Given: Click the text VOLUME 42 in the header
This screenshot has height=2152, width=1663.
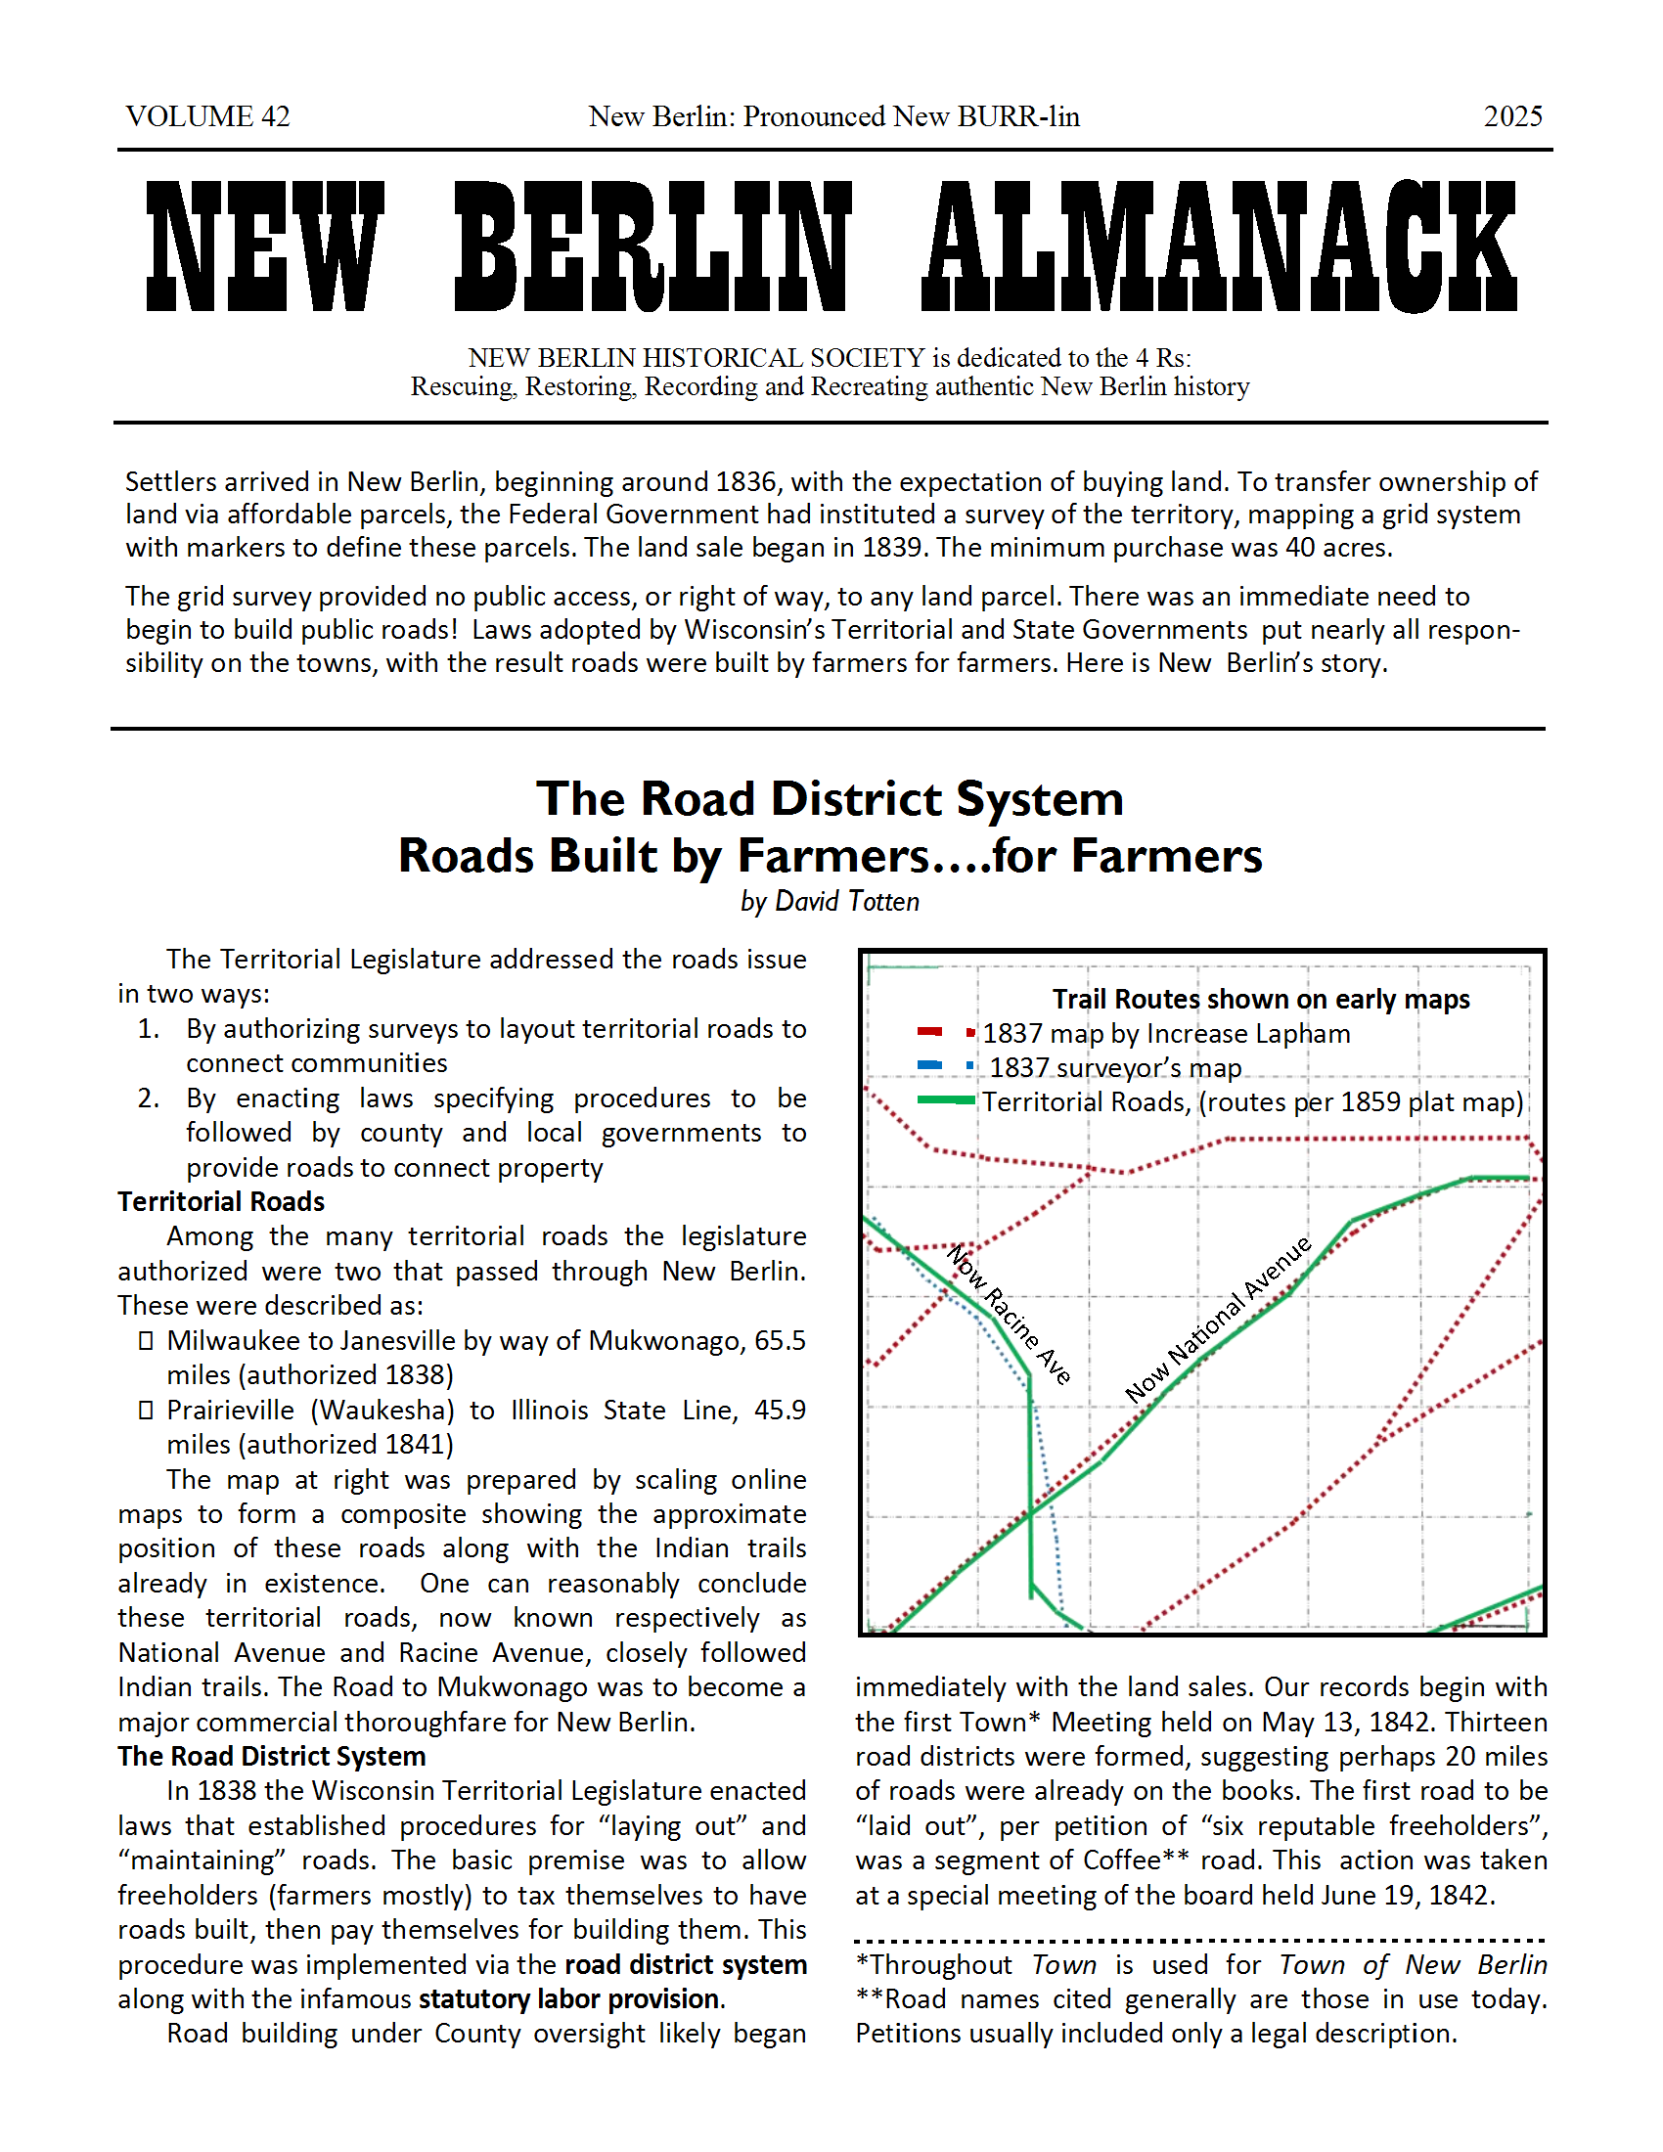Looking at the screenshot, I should [x=207, y=116].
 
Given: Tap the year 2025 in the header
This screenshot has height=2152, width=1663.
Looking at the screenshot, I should [x=1512, y=116].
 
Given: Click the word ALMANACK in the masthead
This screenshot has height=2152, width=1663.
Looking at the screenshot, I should [x=1219, y=247].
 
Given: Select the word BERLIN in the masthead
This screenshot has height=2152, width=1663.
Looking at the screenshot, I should [x=652, y=247].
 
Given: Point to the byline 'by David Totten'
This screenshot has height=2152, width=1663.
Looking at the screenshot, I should [x=830, y=902].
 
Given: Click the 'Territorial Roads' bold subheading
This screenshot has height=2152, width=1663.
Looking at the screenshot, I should [x=222, y=1201].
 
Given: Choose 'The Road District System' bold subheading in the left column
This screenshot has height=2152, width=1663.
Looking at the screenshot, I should [x=272, y=1756].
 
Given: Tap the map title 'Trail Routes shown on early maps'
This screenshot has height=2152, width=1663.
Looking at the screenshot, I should [x=1260, y=999].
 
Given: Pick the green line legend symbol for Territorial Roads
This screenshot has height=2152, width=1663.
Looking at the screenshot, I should [x=946, y=1100].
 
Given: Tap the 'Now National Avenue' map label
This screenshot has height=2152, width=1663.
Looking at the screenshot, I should [x=1219, y=1319].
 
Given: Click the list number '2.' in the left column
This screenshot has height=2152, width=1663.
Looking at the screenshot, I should [x=149, y=1098].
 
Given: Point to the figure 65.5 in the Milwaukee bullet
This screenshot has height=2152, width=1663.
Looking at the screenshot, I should [x=780, y=1340].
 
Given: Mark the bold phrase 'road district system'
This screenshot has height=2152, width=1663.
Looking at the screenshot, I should [x=686, y=1964].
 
